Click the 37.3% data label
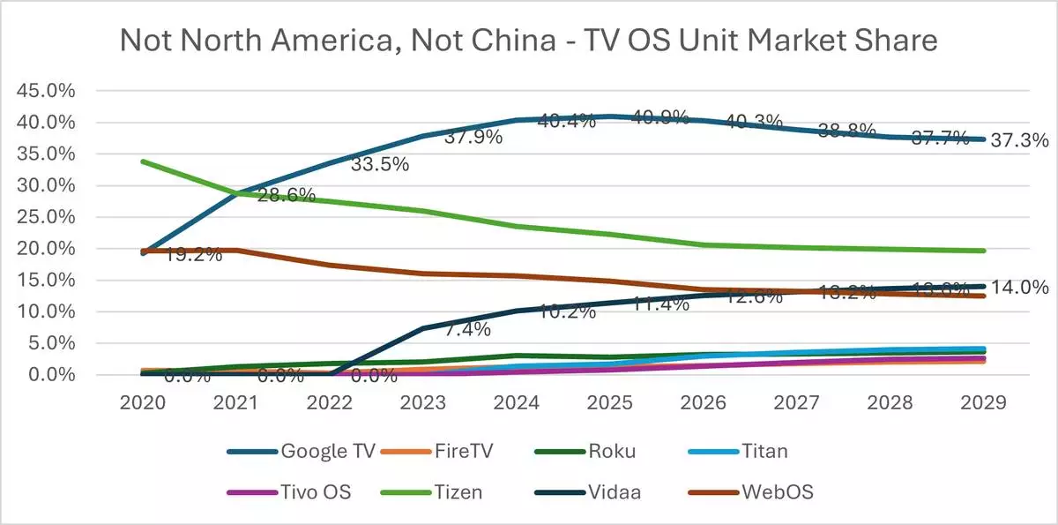(1018, 140)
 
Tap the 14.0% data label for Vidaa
(1018, 287)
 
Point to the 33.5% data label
(380, 165)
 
